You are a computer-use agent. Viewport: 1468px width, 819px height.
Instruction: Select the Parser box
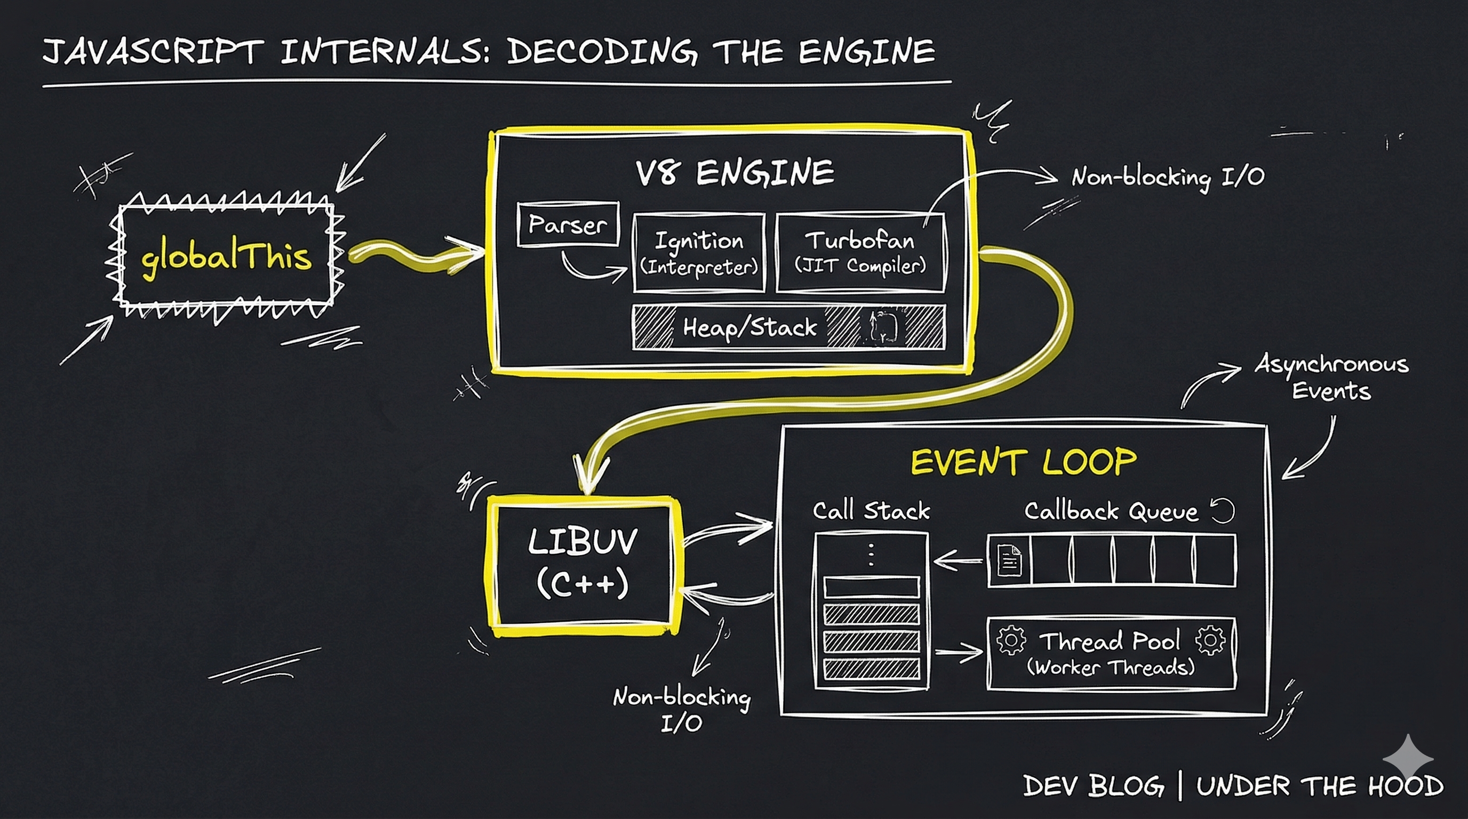[568, 224]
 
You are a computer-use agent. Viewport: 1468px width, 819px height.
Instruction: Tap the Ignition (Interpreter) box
[699, 253]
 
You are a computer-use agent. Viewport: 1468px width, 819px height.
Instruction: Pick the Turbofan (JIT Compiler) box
[860, 253]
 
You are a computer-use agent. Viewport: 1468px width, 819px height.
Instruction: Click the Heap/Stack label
[750, 327]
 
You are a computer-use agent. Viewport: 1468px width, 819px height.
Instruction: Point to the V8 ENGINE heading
[735, 172]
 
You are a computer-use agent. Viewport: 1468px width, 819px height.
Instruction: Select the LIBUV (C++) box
[583, 566]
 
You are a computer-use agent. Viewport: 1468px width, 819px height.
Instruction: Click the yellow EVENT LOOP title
[1024, 461]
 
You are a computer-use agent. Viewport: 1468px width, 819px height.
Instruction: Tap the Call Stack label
[871, 510]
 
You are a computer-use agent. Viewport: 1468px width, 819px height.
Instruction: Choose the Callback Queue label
[1111, 511]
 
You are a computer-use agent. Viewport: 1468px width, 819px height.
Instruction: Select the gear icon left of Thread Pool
[1011, 640]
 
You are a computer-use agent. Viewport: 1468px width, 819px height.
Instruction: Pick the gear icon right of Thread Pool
[1210, 640]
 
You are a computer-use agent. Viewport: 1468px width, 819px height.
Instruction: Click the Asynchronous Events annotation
[1331, 377]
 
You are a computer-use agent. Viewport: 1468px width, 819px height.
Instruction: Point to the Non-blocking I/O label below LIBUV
[682, 710]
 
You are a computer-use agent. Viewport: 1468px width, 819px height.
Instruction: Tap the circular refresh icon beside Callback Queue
[1223, 511]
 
